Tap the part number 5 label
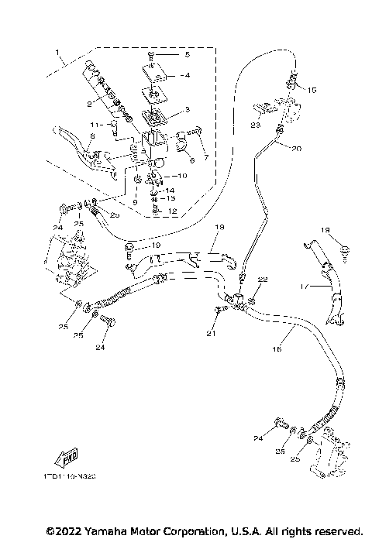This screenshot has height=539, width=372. [186, 56]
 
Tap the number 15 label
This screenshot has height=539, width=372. [312, 90]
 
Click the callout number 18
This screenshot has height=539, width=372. [219, 227]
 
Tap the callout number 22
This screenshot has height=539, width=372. [263, 279]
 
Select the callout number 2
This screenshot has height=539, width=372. [89, 103]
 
